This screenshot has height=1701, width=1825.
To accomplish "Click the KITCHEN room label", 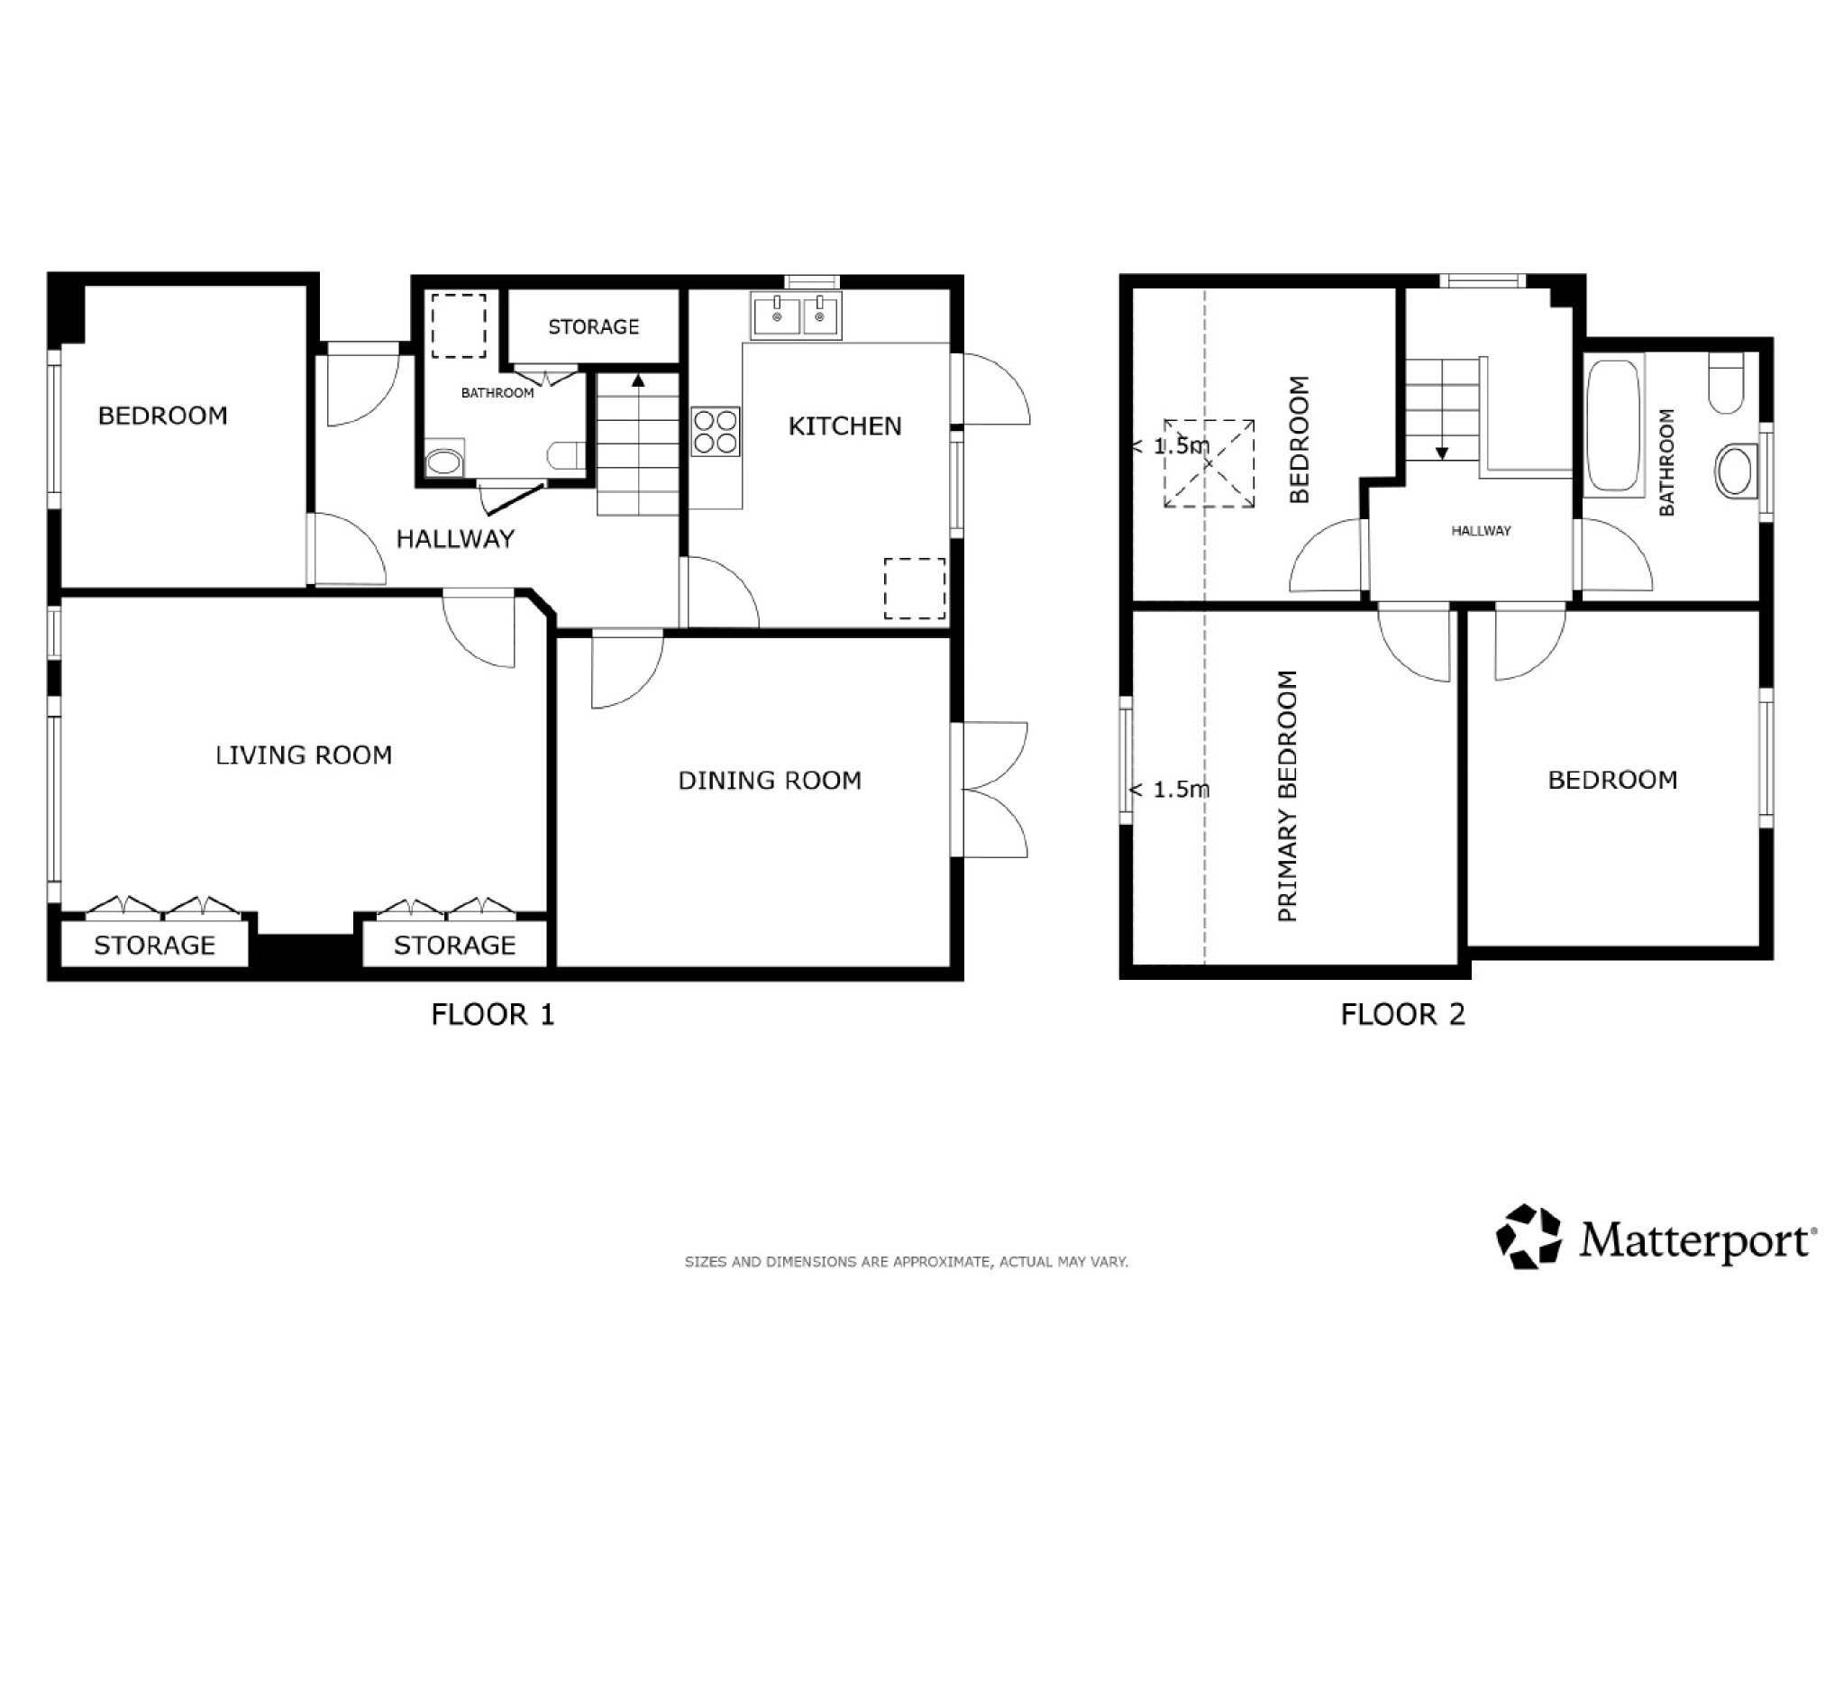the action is point(844,426).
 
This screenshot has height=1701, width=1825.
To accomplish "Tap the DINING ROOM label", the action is point(770,781).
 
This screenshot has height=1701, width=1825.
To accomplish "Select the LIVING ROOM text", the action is point(304,754).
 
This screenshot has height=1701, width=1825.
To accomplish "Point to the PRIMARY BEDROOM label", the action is point(1287,796).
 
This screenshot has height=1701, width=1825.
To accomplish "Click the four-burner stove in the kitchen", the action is point(715,433).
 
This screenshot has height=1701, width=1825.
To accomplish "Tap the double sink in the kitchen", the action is point(795,316).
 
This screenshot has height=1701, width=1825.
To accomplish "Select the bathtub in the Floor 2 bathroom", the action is point(1613,426).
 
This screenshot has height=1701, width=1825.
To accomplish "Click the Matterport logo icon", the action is point(1528,1237).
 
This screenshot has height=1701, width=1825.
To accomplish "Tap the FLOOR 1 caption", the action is point(493,1014).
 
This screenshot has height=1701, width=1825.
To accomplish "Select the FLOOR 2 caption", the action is point(1402,1014).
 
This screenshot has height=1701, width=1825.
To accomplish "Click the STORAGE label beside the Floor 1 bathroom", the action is point(593,327).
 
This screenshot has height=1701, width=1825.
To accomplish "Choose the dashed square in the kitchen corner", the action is point(915,588).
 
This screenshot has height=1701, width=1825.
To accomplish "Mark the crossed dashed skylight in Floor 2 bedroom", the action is point(1209,463).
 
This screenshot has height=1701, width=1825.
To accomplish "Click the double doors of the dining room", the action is point(990,790).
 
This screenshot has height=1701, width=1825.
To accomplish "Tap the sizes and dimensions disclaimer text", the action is point(906,1262).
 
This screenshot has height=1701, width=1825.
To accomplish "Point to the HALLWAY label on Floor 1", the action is point(455,539).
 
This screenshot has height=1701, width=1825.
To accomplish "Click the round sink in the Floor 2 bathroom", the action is point(1735,471).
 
